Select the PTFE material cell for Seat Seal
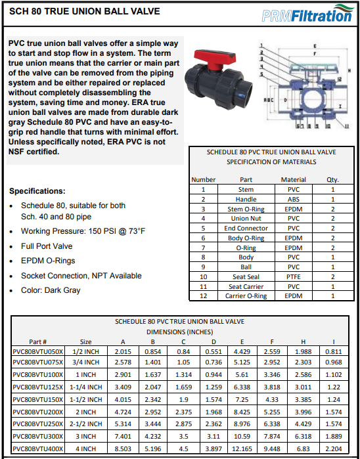(x=293, y=276)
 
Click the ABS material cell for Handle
(x=293, y=199)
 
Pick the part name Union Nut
(x=246, y=218)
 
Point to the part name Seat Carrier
(x=246, y=286)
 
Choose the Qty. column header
(x=332, y=179)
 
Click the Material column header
(x=293, y=179)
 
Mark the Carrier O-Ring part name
(x=246, y=296)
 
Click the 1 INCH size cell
(x=86, y=376)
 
